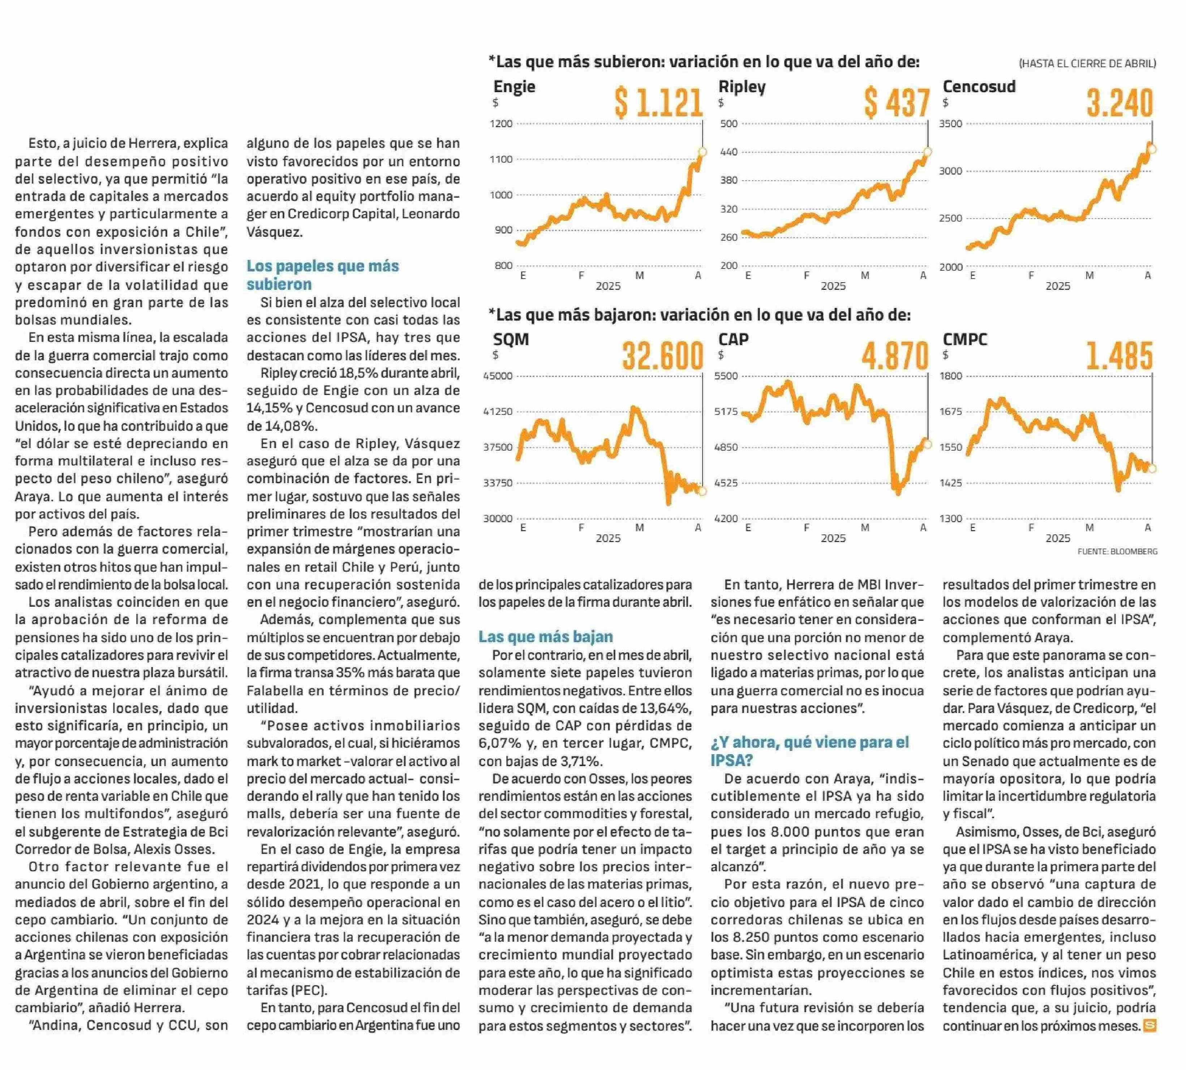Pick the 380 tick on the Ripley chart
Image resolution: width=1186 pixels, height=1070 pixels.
click(x=729, y=180)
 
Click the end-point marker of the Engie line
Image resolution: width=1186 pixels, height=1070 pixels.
click(x=702, y=152)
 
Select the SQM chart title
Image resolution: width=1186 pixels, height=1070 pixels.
click(x=511, y=339)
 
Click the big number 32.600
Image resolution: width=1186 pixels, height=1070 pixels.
click(x=663, y=356)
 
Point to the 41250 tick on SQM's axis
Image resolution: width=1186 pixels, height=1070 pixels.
click(x=498, y=412)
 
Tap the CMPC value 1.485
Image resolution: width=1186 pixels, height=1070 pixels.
click(x=1120, y=356)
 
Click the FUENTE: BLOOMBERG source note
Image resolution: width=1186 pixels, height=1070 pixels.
click(x=1117, y=551)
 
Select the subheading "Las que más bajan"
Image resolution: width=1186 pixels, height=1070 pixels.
click(x=546, y=637)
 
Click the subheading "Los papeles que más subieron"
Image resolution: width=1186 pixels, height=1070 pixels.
click(x=323, y=275)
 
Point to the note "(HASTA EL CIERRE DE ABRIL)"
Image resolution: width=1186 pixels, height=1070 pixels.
click(x=1087, y=64)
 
